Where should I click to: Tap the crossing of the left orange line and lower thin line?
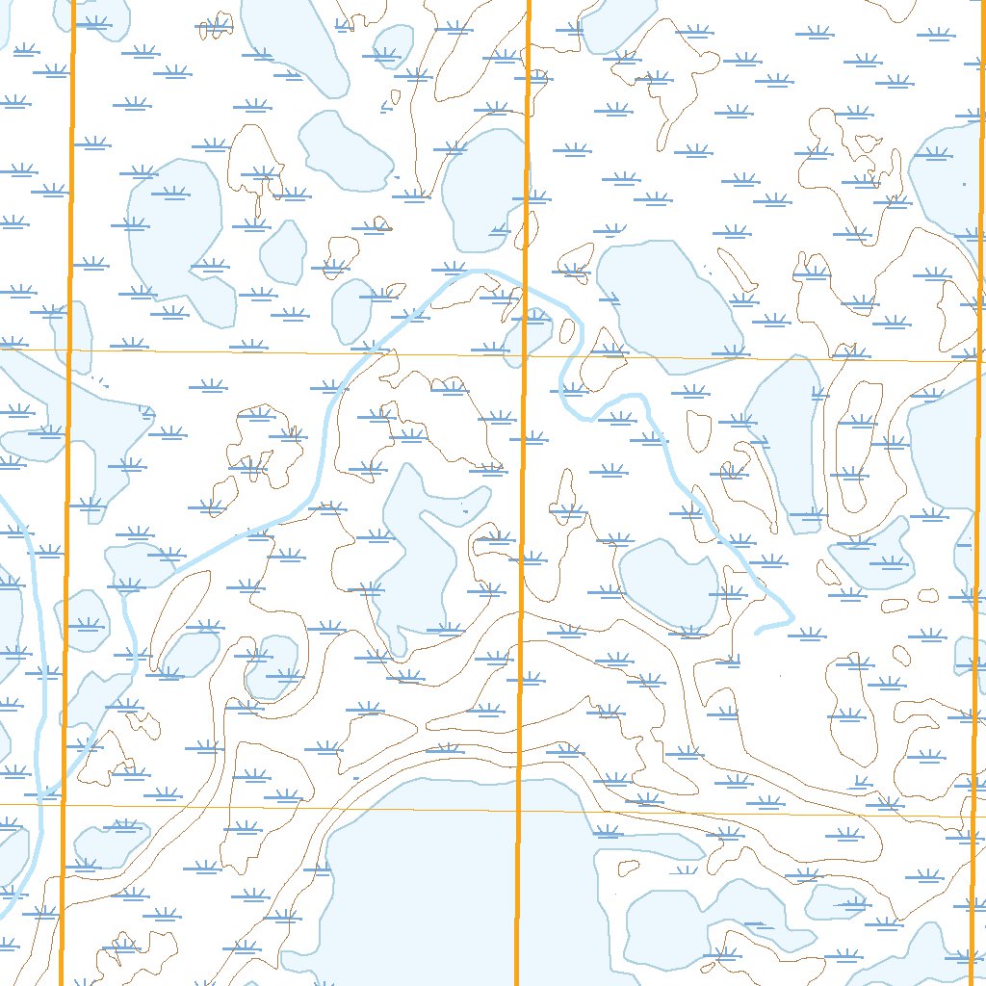[63, 804]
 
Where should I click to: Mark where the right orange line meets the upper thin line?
[978, 361]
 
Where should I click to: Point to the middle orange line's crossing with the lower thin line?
[518, 810]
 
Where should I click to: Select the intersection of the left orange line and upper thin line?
[69, 350]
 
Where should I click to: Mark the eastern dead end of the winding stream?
[757, 632]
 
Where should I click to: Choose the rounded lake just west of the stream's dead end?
[667, 583]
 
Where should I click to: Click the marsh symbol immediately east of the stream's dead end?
[806, 635]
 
